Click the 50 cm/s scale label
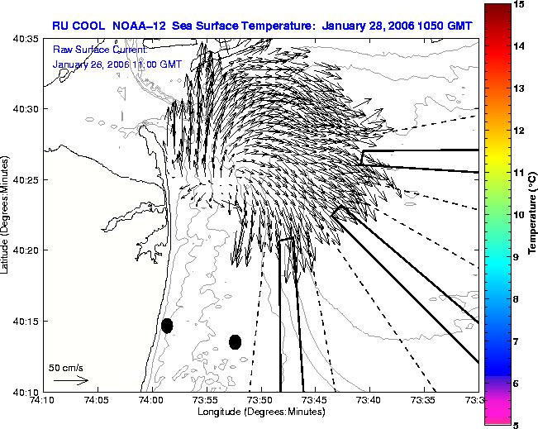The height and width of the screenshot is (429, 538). (65, 368)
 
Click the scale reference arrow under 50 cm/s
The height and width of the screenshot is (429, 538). (71, 380)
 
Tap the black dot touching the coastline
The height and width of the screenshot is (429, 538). (167, 326)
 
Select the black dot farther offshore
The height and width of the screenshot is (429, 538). (235, 342)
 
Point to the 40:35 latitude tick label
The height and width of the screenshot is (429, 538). (26, 39)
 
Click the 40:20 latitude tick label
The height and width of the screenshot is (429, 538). (26, 250)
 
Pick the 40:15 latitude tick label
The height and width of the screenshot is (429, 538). (26, 321)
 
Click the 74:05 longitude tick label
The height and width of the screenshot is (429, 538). (98, 400)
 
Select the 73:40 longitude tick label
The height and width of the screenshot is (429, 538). (370, 400)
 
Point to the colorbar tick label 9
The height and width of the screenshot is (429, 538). (516, 257)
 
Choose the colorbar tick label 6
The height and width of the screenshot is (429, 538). (516, 384)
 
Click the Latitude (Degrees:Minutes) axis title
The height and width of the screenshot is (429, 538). (4, 215)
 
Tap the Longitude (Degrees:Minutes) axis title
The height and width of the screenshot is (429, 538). (261, 412)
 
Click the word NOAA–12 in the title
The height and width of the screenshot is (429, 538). (139, 26)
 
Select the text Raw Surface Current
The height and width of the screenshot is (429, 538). (100, 50)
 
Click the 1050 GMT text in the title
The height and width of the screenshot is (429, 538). (445, 26)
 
